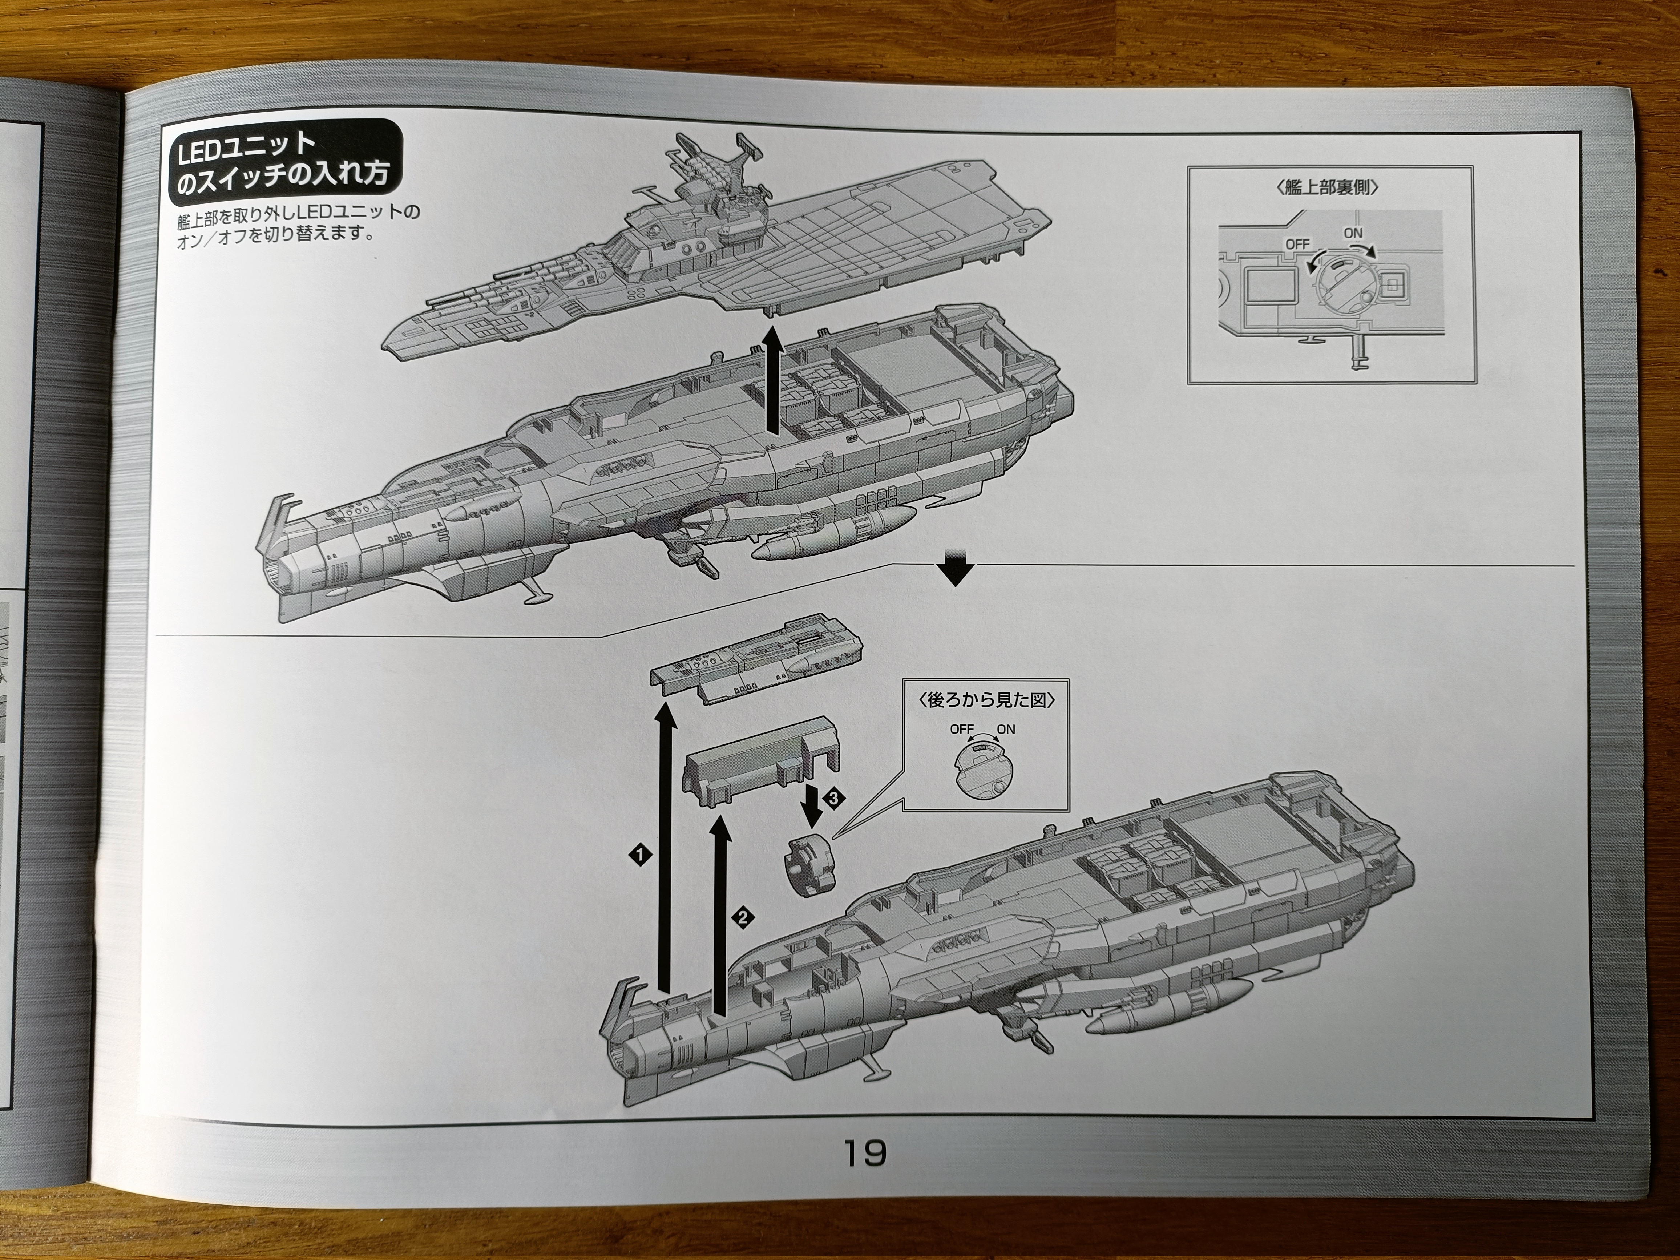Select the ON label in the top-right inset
point(1353,233)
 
